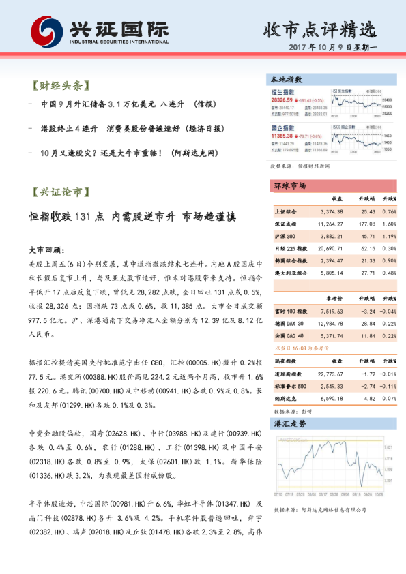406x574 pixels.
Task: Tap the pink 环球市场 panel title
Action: pos(289,185)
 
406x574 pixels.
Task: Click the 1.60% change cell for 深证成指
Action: pos(390,223)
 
